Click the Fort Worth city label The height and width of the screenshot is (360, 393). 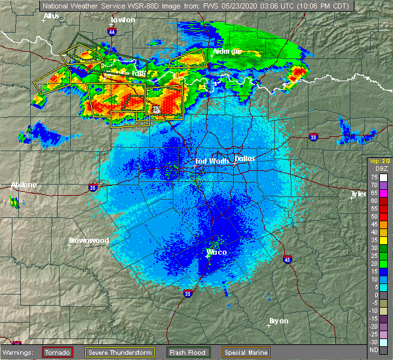pyautogui.click(x=211, y=161)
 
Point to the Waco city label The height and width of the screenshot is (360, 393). pyautogui.click(x=215, y=251)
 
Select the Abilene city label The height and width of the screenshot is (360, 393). pyautogui.click(x=24, y=185)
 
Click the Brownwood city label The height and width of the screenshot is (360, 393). pyautogui.click(x=88, y=240)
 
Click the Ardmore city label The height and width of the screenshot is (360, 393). pyautogui.click(x=227, y=51)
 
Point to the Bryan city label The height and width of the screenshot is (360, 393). pyautogui.click(x=279, y=321)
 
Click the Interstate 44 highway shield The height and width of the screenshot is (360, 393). pyautogui.click(x=112, y=31)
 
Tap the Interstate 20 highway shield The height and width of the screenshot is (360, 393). pyautogui.click(x=92, y=187)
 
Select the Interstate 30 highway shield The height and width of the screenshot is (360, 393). pyautogui.click(x=313, y=137)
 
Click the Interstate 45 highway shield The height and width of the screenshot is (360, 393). pyautogui.click(x=288, y=259)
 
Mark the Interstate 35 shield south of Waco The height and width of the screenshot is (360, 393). pyautogui.click(x=187, y=293)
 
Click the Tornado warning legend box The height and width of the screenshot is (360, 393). pyautogui.click(x=57, y=352)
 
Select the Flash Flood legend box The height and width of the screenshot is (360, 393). pyautogui.click(x=187, y=352)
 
